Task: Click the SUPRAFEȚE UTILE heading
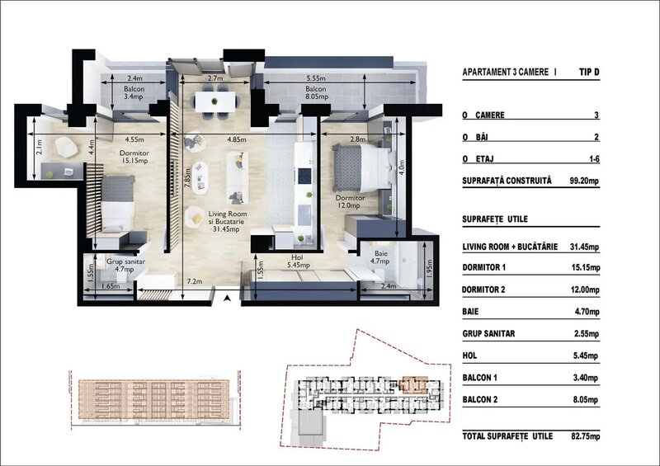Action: (x=495, y=219)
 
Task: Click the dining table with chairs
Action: (x=214, y=101)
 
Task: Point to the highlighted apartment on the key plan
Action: (x=408, y=384)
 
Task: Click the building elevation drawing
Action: (x=148, y=398)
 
